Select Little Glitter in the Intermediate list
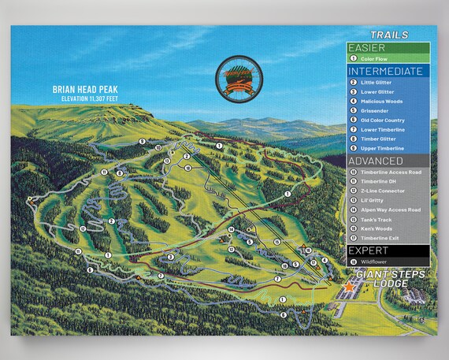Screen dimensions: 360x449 click(x=377, y=82)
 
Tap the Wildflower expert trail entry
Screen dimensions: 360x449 click(x=374, y=262)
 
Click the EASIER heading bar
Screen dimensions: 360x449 click(x=388, y=46)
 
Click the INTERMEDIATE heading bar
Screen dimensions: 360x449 click(x=388, y=71)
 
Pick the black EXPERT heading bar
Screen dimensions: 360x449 click(x=388, y=250)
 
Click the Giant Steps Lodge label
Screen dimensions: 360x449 click(x=389, y=278)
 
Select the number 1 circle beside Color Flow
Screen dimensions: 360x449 click(x=353, y=58)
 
